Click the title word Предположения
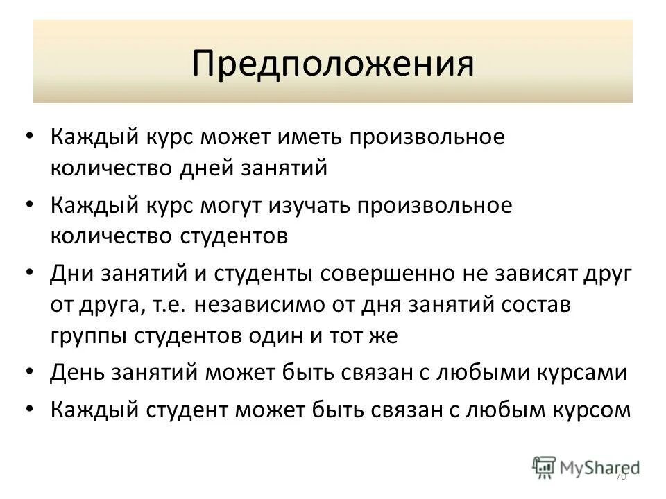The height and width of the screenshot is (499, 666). [333, 63]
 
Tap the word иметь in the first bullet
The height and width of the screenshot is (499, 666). [307, 137]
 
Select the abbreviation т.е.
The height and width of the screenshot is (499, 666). [185, 305]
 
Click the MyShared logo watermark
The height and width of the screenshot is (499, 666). [586, 466]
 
